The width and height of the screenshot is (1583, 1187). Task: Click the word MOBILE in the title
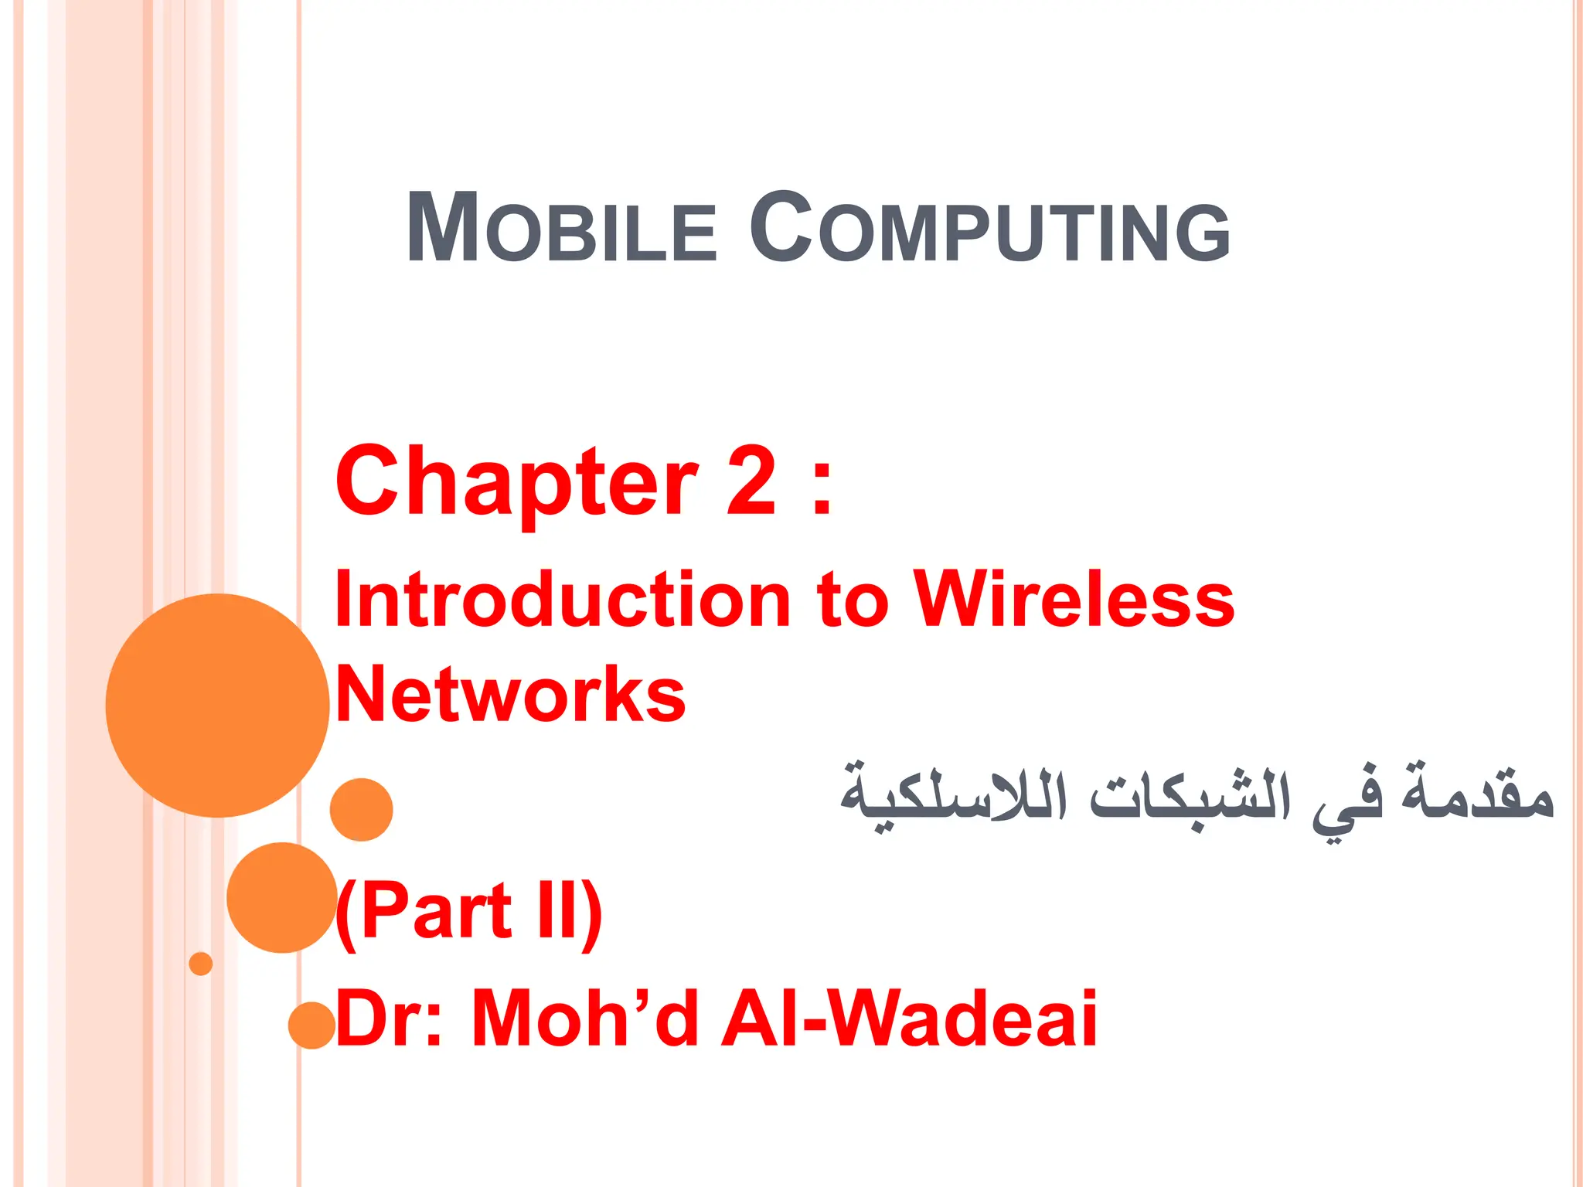coord(562,230)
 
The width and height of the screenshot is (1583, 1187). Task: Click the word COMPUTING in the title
coord(989,230)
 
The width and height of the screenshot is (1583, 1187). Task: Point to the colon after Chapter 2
coord(822,487)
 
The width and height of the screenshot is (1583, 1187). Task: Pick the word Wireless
coord(1074,600)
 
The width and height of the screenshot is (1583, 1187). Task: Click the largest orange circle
coord(217,705)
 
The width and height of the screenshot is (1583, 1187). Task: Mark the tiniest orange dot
coord(201,964)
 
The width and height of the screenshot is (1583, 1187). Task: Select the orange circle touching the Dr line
coord(311,1025)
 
